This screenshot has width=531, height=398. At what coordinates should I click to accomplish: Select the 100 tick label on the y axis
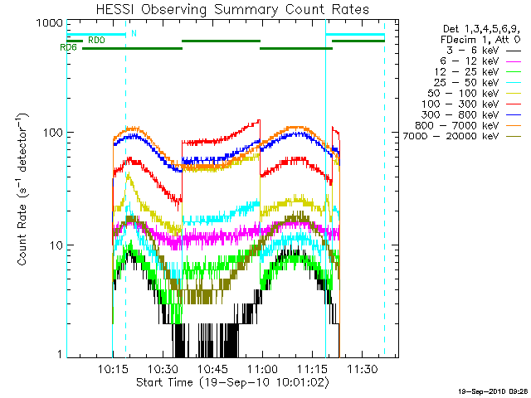(x=50, y=133)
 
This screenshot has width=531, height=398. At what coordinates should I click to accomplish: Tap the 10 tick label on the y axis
(x=53, y=245)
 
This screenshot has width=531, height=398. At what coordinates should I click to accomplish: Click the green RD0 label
(x=96, y=40)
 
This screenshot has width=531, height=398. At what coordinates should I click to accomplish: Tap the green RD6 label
(x=69, y=48)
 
